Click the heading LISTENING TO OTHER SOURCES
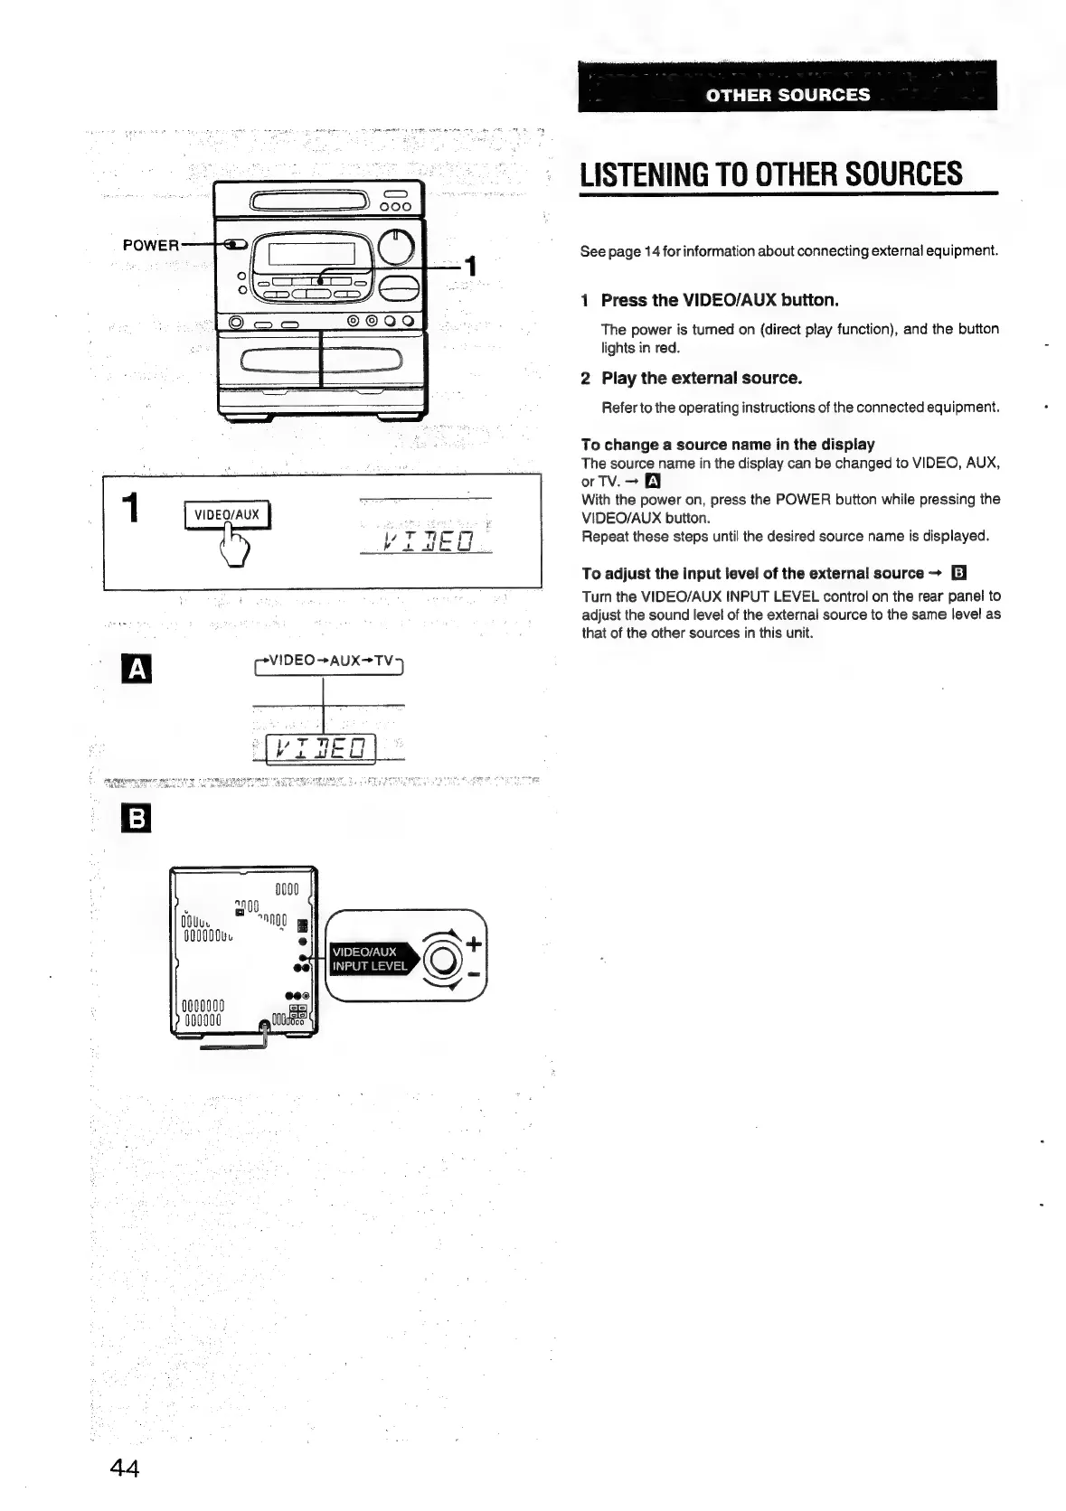tap(770, 173)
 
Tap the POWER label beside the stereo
tap(151, 245)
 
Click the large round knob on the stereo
tap(398, 244)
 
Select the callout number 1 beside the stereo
tap(468, 266)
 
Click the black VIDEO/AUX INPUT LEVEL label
tap(369, 959)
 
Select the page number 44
tap(125, 1469)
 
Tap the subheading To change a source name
tap(728, 444)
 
